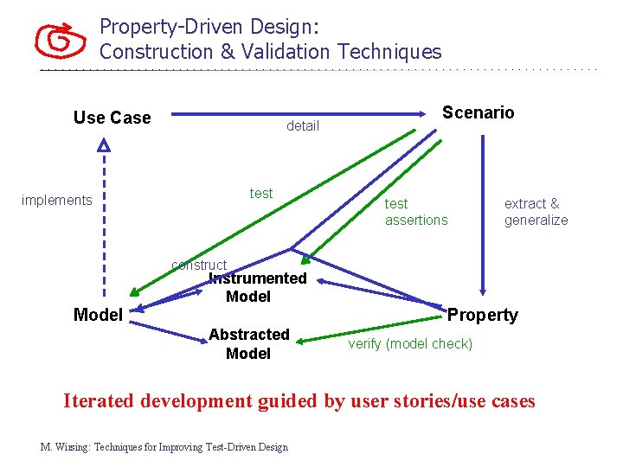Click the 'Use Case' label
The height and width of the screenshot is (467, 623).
[x=112, y=118]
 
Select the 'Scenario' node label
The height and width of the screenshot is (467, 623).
[x=478, y=112]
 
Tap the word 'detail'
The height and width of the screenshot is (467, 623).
[x=303, y=126]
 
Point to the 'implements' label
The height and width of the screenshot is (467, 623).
[x=56, y=201]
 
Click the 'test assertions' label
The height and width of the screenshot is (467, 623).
[x=416, y=212]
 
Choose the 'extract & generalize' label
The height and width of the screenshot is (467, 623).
[x=536, y=212]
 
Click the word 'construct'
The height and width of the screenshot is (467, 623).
[x=199, y=265]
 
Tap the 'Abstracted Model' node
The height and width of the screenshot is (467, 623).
[x=248, y=343]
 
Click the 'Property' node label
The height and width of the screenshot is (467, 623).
[x=483, y=315]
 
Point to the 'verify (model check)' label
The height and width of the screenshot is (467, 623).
[x=410, y=344]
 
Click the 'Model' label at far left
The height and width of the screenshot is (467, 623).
[x=98, y=315]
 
